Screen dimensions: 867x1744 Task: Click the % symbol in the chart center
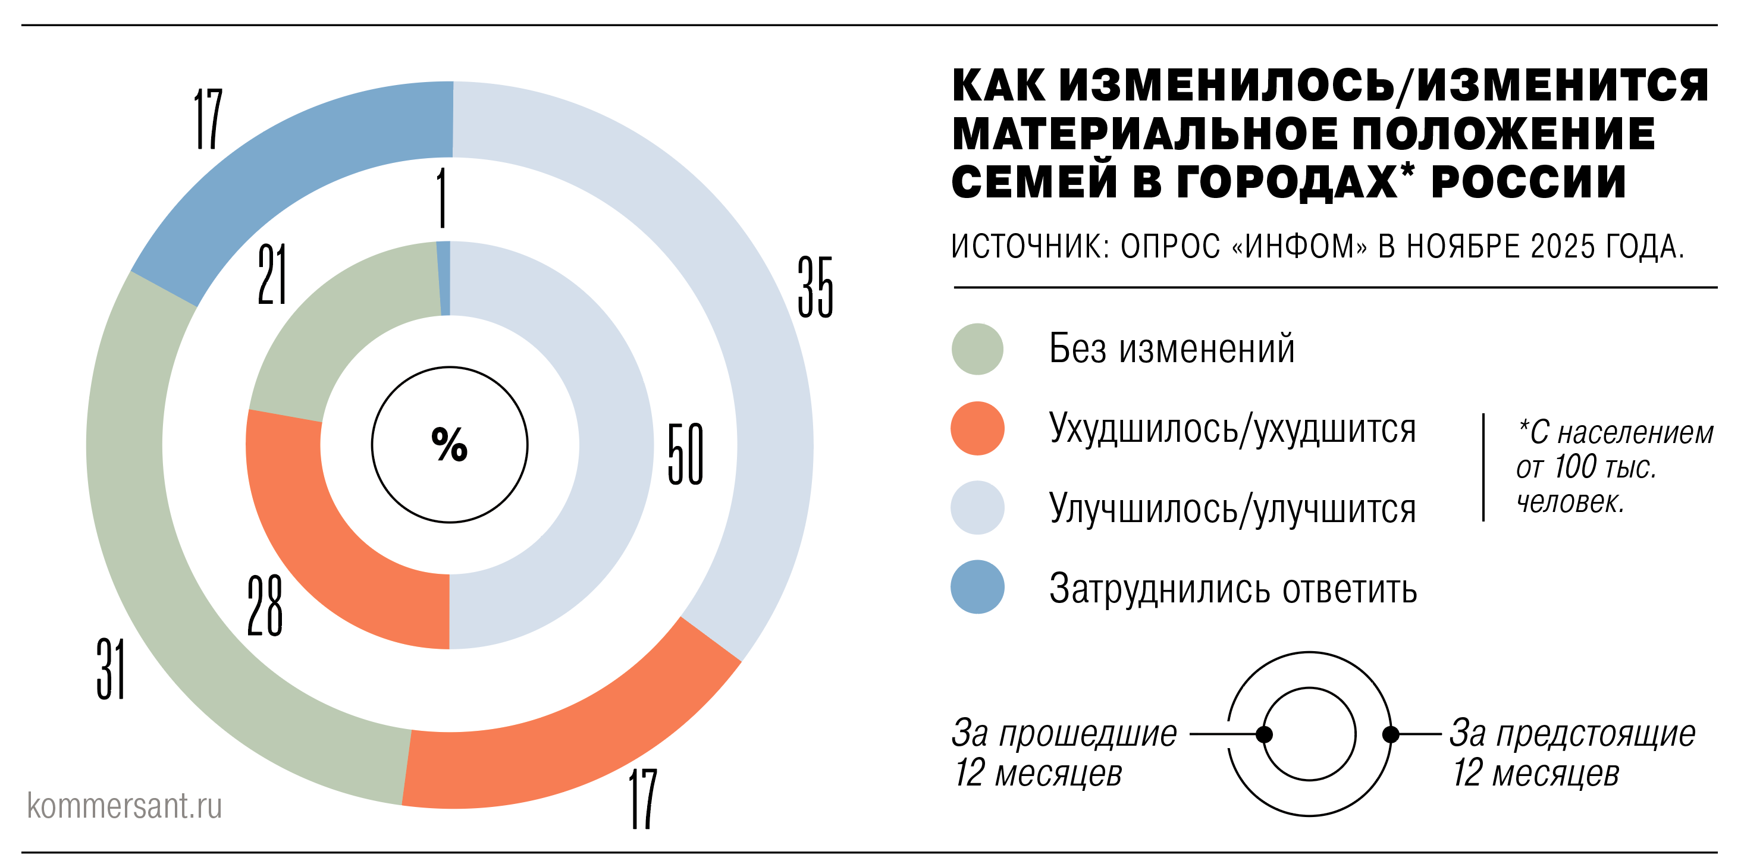coord(449,445)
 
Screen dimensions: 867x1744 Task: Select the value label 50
coord(685,454)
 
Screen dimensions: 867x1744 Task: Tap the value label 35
coord(815,287)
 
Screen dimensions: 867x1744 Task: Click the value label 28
coord(265,605)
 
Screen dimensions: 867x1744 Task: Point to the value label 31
coord(111,669)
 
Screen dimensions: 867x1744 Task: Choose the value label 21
coord(272,274)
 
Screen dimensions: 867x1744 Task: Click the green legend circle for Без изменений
coord(977,349)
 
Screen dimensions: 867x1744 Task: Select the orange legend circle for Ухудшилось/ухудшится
coord(977,428)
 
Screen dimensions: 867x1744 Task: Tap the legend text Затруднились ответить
coord(1233,588)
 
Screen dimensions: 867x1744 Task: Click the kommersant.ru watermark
coord(124,805)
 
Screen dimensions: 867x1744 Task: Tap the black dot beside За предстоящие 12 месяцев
coord(1391,734)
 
